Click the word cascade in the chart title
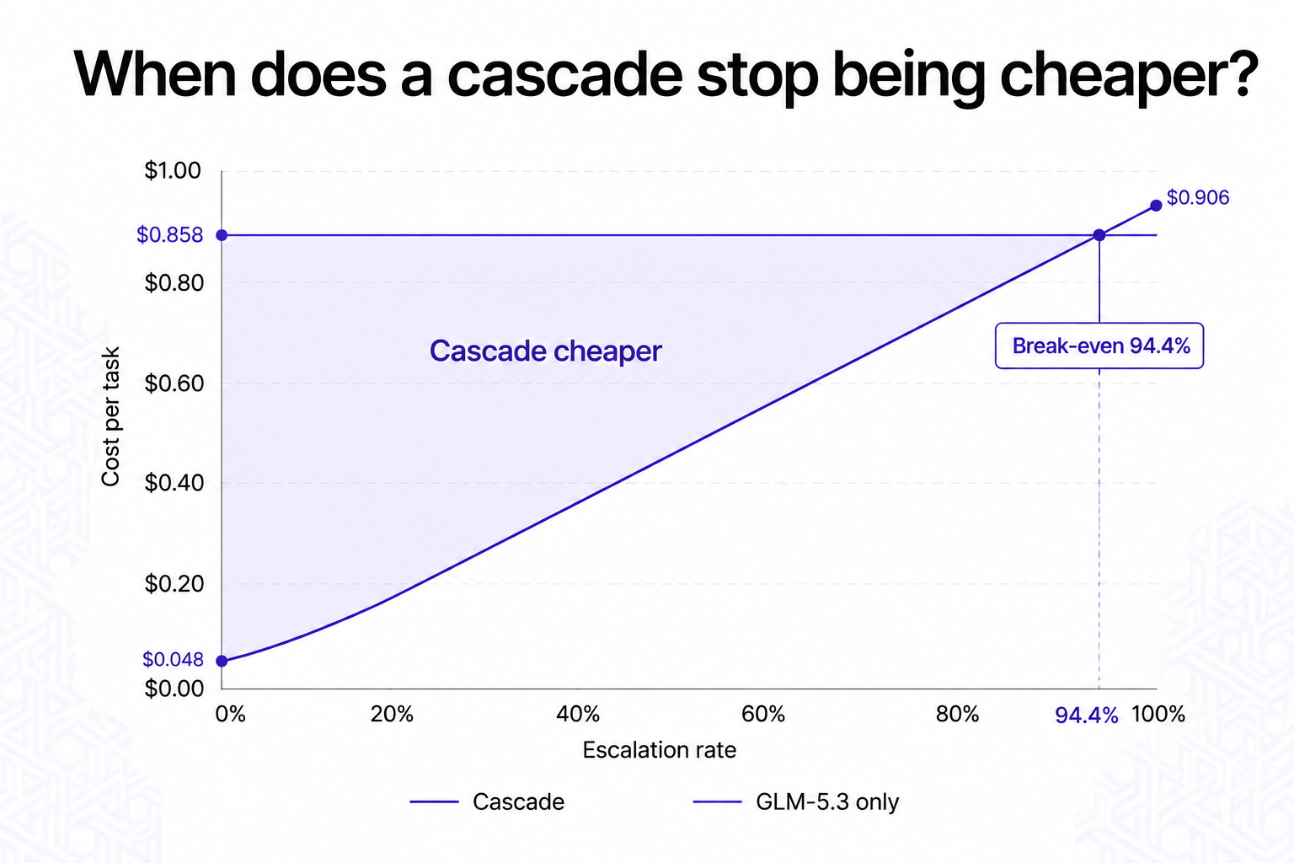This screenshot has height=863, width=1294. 564,75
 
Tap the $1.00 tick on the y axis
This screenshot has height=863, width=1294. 173,170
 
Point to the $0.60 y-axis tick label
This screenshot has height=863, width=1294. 174,383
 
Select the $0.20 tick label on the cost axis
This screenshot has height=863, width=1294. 174,584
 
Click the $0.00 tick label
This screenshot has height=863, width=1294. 174,689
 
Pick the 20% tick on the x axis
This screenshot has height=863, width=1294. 392,715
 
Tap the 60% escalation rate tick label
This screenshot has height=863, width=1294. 763,715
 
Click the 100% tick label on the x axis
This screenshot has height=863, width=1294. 1158,715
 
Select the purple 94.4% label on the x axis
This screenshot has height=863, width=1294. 1087,716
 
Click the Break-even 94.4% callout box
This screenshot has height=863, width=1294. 1099,346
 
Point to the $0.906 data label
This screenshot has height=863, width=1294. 1198,198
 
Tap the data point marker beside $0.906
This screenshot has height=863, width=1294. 1156,206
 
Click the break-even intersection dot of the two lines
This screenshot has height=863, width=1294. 1099,235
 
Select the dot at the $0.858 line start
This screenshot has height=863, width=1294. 222,235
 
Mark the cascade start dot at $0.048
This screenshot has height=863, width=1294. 222,662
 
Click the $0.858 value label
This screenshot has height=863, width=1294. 170,235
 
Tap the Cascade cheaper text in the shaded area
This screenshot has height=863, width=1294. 545,351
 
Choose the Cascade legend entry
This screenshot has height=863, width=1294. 487,801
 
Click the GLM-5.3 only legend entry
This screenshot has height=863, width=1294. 796,801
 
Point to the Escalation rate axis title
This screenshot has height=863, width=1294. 659,750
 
